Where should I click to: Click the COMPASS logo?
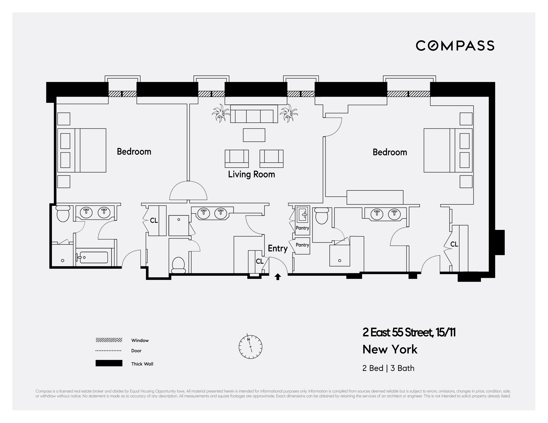tap(455, 46)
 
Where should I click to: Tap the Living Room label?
tap(251, 174)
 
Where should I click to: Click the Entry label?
tap(278, 248)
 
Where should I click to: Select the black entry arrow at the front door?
tap(278, 277)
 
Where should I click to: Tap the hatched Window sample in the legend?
tap(109, 340)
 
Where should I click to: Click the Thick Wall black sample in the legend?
tap(109, 363)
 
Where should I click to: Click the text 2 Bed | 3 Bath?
tap(388, 368)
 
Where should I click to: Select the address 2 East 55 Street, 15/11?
tap(409, 332)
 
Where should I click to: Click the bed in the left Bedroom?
tap(82, 150)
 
